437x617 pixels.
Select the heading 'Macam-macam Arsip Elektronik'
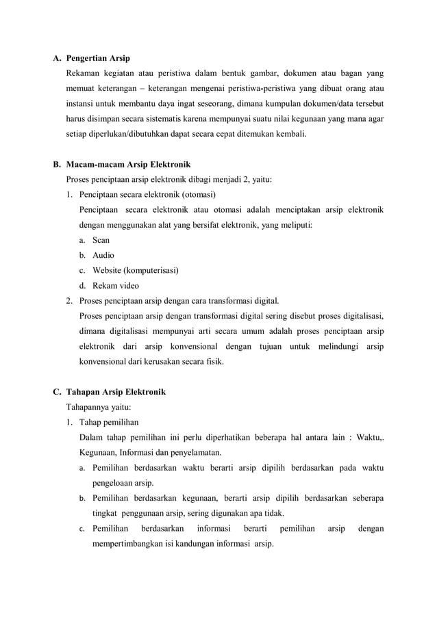(128, 165)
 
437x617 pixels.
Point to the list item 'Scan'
(101, 240)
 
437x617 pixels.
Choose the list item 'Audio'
(103, 255)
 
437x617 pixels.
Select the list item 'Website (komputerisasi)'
(136, 270)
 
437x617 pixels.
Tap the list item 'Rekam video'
(115, 285)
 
